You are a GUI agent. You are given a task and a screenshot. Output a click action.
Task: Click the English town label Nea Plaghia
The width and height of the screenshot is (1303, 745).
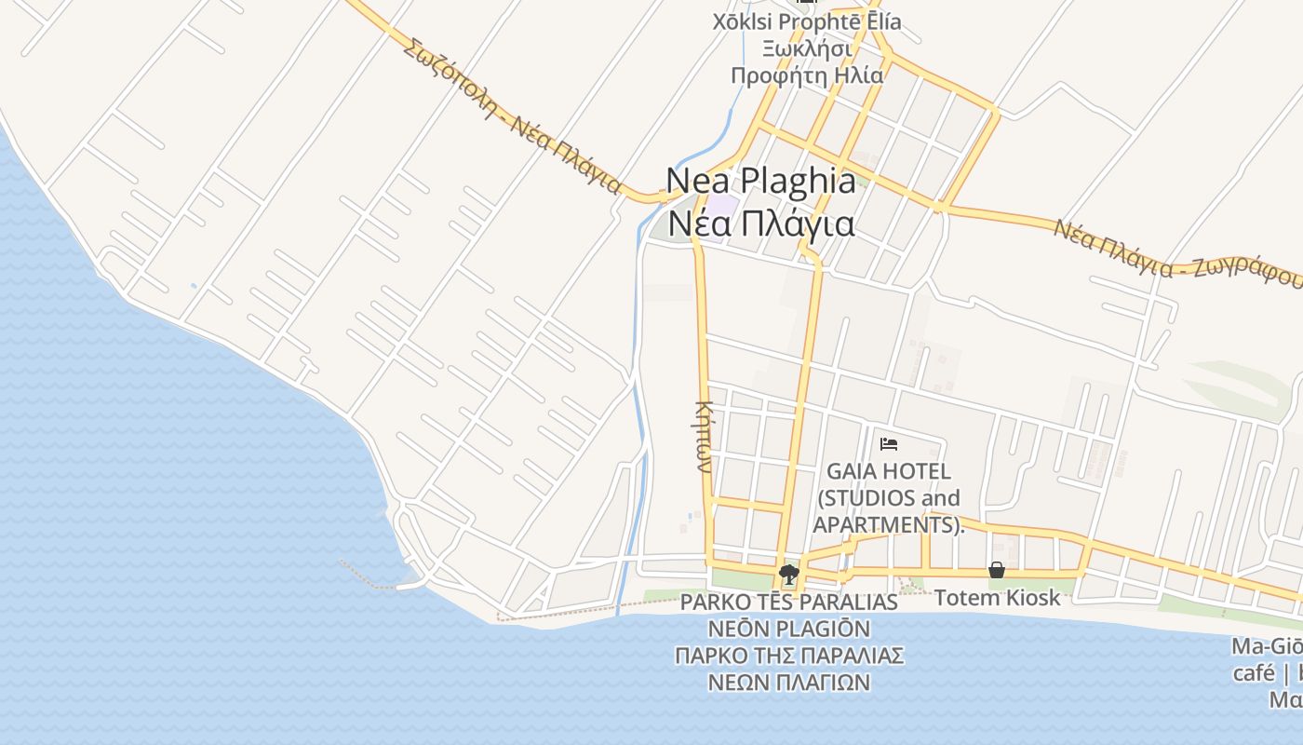click(x=761, y=180)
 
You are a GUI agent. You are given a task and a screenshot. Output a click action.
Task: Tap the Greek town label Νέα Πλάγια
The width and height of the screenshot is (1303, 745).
click(x=761, y=224)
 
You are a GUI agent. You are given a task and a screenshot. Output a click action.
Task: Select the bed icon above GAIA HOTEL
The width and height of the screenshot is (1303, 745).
click(x=888, y=444)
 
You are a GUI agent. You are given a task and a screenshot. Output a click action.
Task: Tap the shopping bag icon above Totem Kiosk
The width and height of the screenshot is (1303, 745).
click(x=997, y=570)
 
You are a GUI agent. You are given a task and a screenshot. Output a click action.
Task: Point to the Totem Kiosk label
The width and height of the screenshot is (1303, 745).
click(x=997, y=598)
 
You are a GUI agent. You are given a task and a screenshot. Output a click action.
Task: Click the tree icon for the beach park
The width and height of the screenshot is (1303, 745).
click(x=789, y=574)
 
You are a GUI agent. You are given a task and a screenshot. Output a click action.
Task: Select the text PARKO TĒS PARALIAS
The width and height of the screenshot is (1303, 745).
click(x=789, y=603)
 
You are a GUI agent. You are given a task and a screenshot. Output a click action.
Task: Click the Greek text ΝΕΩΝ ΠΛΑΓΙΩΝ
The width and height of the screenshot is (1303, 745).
click(x=789, y=683)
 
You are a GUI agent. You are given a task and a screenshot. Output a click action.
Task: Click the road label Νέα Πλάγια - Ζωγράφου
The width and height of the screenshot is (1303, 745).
click(x=1177, y=251)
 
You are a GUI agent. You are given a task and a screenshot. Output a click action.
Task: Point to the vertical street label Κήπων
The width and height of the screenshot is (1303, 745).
click(x=704, y=437)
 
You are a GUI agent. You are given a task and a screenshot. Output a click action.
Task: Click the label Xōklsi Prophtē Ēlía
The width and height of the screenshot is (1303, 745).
click(x=806, y=21)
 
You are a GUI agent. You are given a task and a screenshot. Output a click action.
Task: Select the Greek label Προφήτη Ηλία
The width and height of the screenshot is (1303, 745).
click(x=806, y=75)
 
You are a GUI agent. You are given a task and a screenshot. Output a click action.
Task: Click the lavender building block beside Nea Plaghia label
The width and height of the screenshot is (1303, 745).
click(x=719, y=207)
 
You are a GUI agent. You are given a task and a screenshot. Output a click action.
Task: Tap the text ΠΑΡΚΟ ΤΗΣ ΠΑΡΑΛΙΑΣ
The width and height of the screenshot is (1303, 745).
click(x=789, y=656)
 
